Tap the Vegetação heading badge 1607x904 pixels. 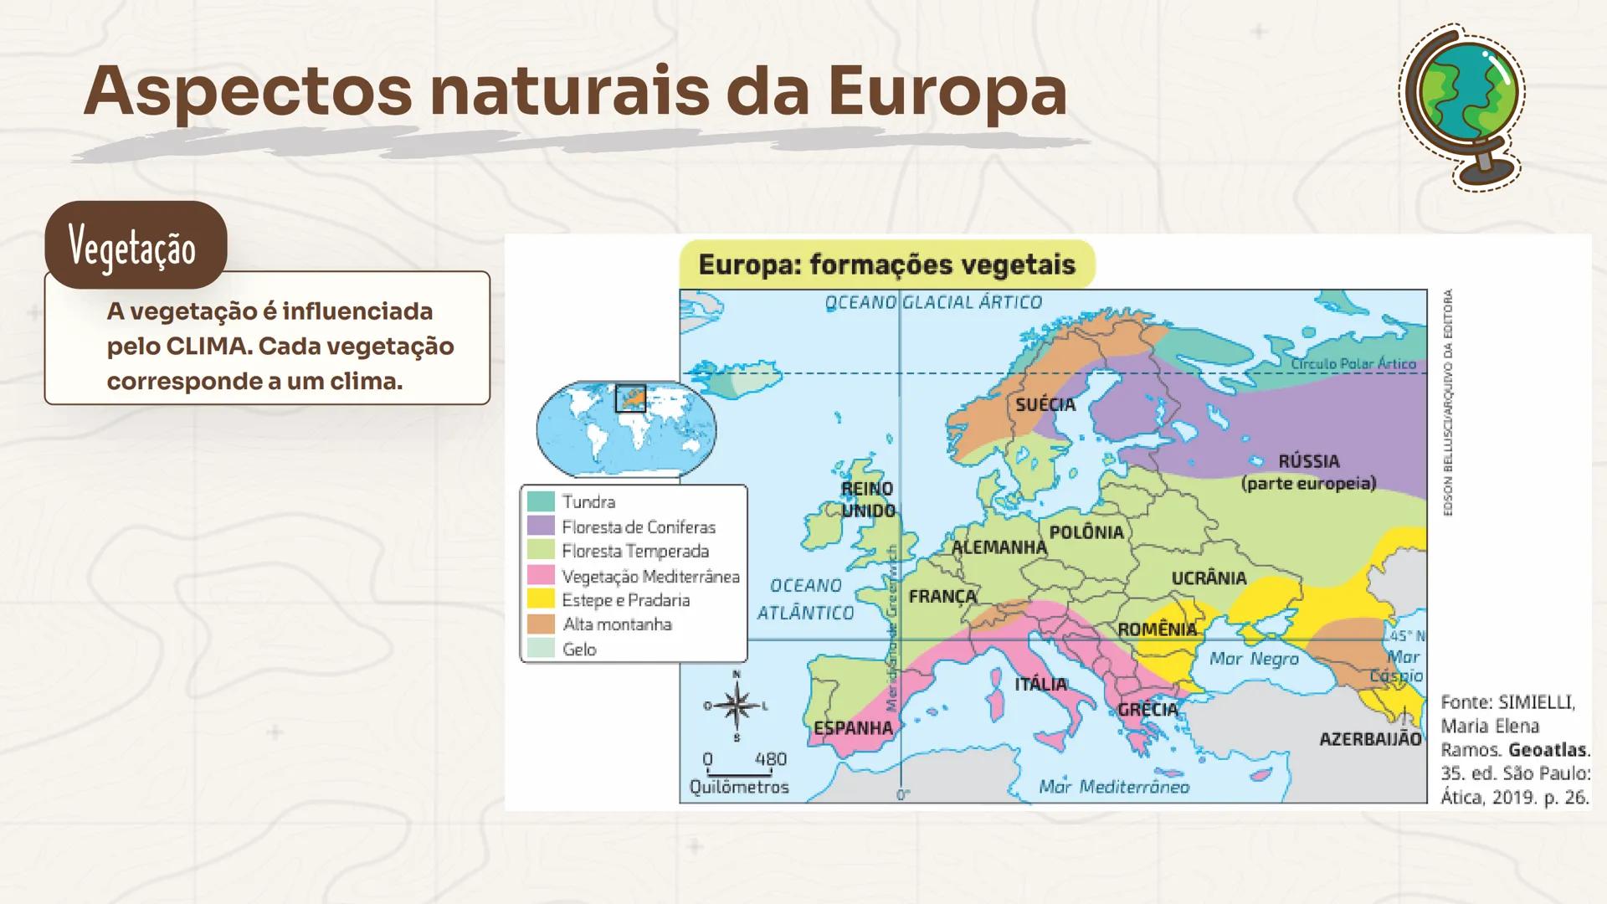pos(135,246)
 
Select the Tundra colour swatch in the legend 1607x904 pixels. pos(542,501)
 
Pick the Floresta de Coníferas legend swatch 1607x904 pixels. pos(542,526)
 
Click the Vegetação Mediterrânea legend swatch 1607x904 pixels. pos(542,576)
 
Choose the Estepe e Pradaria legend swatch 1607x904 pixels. pos(542,600)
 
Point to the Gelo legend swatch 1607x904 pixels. pos(542,649)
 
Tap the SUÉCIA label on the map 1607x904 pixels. pos(1045,405)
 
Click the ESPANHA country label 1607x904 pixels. pos(853,728)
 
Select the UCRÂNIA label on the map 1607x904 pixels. pos(1209,578)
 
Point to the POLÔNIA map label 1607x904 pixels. pos(1086,532)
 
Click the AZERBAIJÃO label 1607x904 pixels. pos(1370,739)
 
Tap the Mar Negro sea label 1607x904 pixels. pos(1254,660)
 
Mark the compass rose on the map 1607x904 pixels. pos(737,706)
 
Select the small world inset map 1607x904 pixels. pos(625,428)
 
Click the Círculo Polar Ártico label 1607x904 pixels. pos(1353,364)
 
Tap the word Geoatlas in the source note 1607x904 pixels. pos(1547,750)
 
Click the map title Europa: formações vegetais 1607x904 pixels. pos(886,265)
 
